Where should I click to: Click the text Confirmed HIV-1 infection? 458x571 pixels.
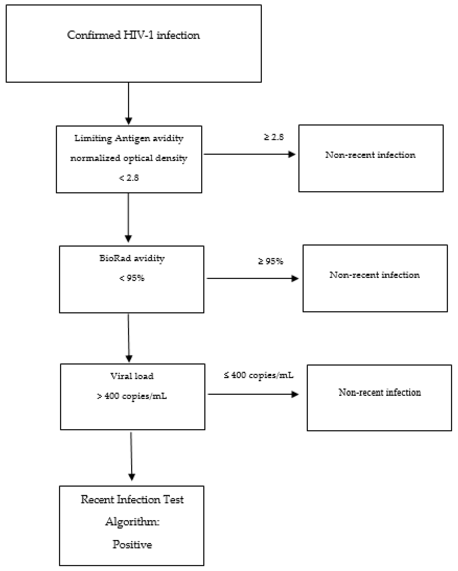point(133,35)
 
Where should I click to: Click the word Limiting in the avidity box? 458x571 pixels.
point(93,138)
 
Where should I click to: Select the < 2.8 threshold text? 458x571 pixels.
point(129,178)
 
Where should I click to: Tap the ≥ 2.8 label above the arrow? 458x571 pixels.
point(274,137)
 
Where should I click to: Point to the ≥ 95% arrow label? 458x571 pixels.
point(271,261)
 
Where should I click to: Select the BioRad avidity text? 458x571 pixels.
point(132,258)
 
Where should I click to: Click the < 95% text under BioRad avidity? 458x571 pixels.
point(132,278)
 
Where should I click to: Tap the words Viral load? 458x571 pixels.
point(132,376)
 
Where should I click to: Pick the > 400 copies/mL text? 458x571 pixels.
point(132,396)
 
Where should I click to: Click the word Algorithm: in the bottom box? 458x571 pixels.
point(132,522)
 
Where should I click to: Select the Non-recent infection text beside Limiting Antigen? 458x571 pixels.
point(370,155)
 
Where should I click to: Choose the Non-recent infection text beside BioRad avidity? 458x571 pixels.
point(374,275)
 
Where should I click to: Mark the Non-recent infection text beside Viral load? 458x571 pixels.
point(379,392)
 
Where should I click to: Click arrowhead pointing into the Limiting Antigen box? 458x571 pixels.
point(129,121)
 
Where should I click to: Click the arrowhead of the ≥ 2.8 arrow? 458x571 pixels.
point(292,154)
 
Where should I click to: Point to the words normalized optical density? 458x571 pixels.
point(129,158)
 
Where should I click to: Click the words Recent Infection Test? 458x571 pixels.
point(132,499)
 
